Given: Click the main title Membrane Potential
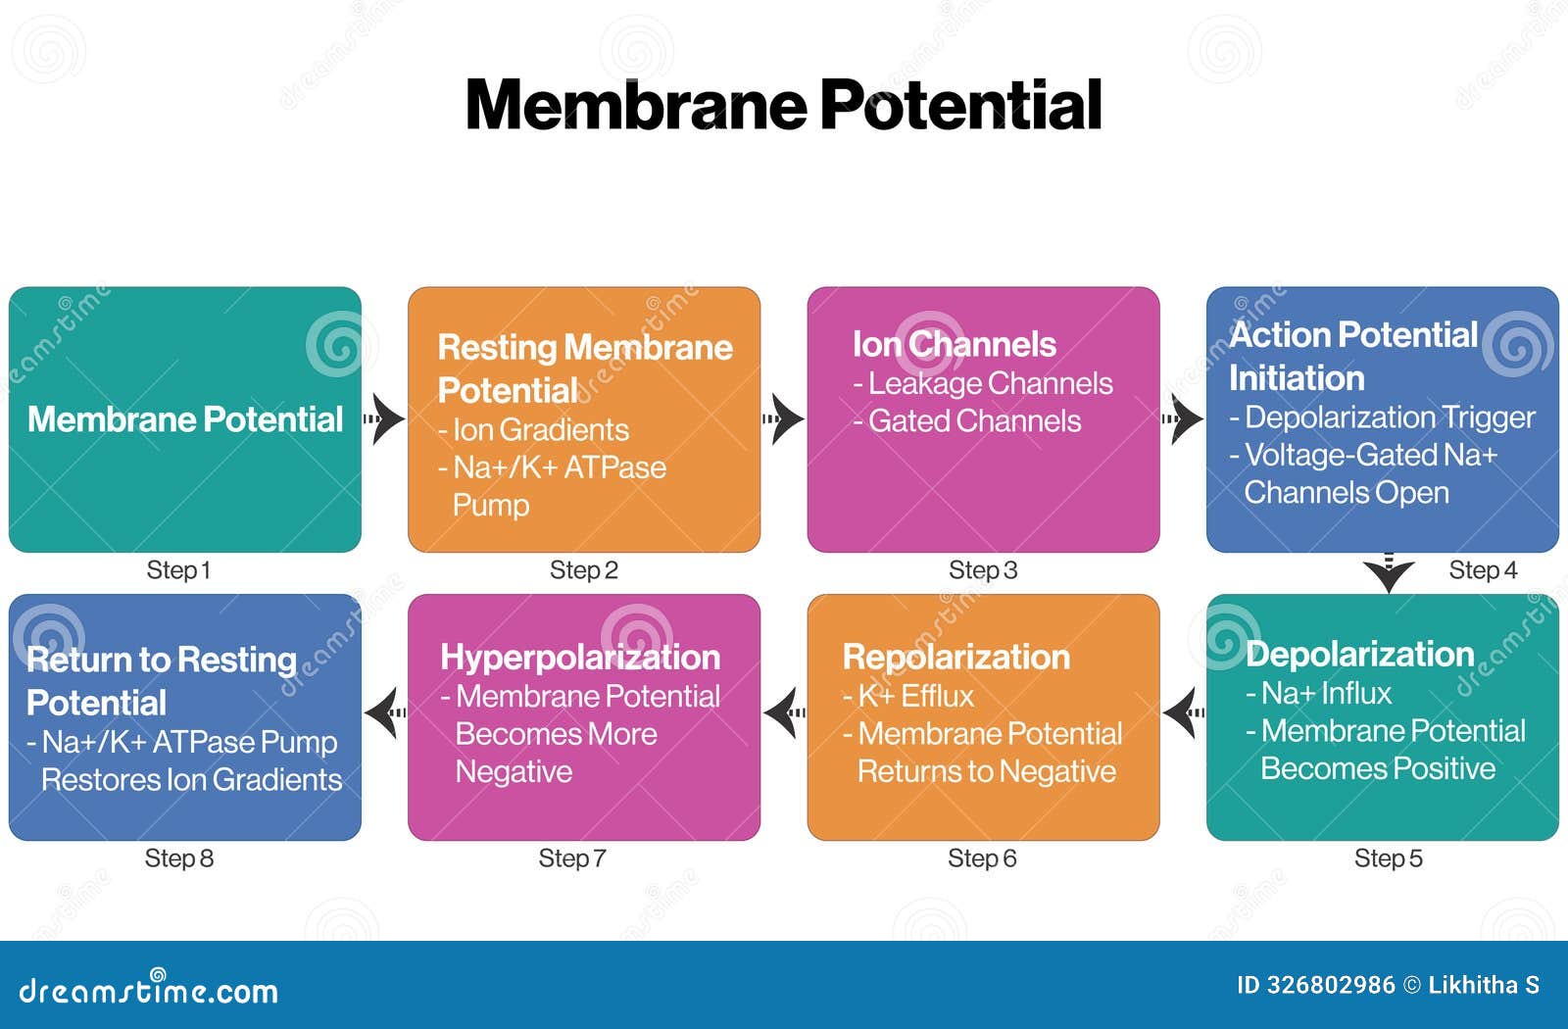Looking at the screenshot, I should click(783, 105).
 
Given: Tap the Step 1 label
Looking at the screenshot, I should click(178, 570).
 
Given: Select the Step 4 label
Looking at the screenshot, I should click(1482, 570).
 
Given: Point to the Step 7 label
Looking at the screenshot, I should click(572, 858).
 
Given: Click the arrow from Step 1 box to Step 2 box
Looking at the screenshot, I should click(384, 419).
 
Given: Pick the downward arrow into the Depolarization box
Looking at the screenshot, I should click(1389, 574).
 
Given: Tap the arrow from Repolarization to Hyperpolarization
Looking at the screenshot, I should click(784, 712).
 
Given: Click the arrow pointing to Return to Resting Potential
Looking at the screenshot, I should click(385, 712).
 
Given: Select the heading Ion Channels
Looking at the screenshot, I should click(954, 344).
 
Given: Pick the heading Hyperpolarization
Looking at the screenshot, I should click(580, 657).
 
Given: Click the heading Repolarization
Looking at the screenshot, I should click(956, 657).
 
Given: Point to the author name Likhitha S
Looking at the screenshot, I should click(1484, 985).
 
